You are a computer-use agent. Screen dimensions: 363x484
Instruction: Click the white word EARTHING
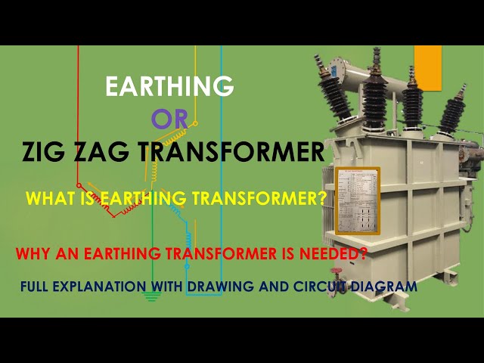click(x=169, y=87)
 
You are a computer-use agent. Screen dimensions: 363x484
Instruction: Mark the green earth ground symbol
click(x=154, y=296)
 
